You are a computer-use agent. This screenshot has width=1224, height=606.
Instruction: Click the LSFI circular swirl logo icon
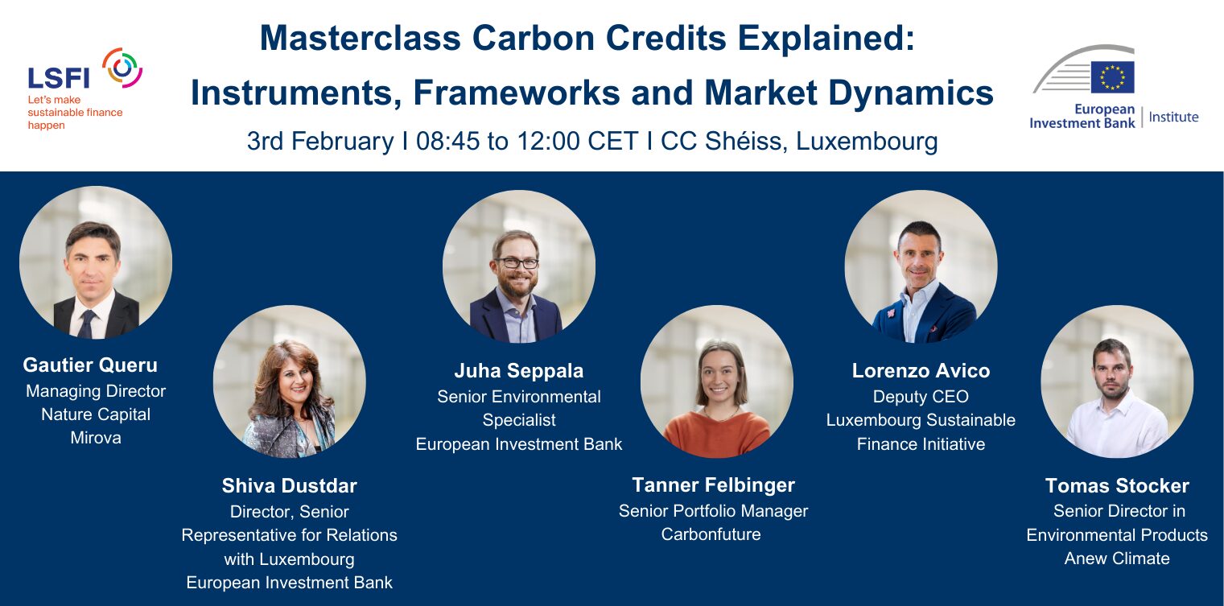(122, 68)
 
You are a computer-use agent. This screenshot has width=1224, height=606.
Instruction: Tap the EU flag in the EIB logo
(1112, 77)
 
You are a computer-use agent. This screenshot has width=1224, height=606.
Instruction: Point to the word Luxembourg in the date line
(867, 141)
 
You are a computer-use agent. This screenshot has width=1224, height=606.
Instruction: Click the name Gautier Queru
(90, 365)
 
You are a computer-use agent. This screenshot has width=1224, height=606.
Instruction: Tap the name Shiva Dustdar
(289, 486)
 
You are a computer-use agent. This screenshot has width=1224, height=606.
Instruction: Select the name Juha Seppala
(518, 371)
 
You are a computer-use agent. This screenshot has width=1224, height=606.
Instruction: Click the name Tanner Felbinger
(713, 485)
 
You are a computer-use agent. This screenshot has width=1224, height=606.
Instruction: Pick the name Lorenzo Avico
(921, 371)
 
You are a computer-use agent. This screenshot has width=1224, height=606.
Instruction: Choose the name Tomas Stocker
(1117, 486)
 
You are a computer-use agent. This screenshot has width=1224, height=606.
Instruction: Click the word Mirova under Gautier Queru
(96, 438)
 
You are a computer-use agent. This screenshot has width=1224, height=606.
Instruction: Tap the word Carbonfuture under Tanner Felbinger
(711, 534)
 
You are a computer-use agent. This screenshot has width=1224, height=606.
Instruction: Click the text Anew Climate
(1117, 559)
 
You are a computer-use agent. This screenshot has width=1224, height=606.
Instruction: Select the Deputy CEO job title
(921, 397)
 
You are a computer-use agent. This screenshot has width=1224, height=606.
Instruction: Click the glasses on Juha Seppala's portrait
(517, 263)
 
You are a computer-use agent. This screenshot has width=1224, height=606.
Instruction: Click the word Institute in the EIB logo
(1174, 117)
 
